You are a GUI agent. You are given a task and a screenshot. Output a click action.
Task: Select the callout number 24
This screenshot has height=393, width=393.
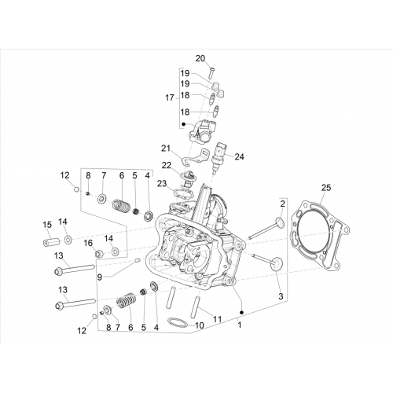[x=239, y=156]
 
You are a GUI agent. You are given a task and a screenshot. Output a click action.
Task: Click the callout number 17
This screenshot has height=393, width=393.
[x=170, y=98]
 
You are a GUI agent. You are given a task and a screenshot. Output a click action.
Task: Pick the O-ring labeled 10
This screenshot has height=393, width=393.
[x=178, y=322]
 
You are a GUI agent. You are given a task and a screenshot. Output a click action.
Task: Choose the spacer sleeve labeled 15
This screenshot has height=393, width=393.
[x=51, y=241]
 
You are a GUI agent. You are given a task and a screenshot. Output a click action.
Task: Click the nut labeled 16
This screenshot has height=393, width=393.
[x=98, y=253]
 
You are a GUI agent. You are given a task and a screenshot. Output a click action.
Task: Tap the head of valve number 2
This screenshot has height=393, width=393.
[x=280, y=222]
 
